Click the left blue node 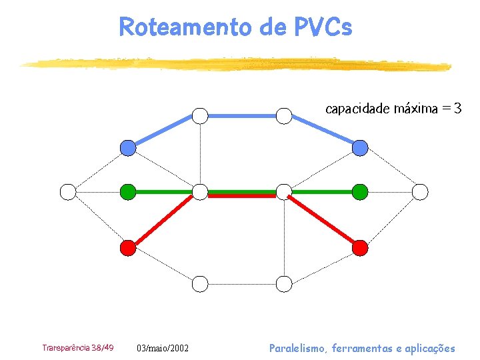pyautogui.click(x=127, y=147)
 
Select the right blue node pyautogui.click(x=360, y=147)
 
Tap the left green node pyautogui.click(x=127, y=192)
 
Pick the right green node pyautogui.click(x=360, y=192)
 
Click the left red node pyautogui.click(x=127, y=248)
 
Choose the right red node pyautogui.click(x=360, y=248)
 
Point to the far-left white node pyautogui.click(x=68, y=192)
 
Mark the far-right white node pyautogui.click(x=420, y=192)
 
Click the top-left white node pyautogui.click(x=200, y=116)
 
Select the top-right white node pyautogui.click(x=285, y=116)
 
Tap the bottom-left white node pyautogui.click(x=200, y=285)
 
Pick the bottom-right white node pyautogui.click(x=285, y=285)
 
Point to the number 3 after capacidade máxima pyautogui.click(x=457, y=108)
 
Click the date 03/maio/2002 pyautogui.click(x=163, y=348)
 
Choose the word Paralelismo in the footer pyautogui.click(x=298, y=348)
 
